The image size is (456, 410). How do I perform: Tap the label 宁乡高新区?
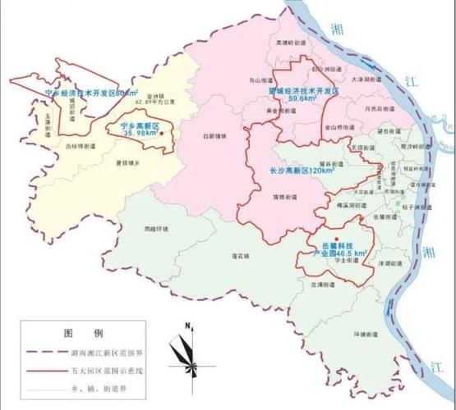(x=139, y=125)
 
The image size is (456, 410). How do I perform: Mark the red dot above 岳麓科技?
(x=336, y=238)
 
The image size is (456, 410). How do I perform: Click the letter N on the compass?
(x=188, y=326)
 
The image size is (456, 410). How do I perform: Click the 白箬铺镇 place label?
(x=211, y=139)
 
